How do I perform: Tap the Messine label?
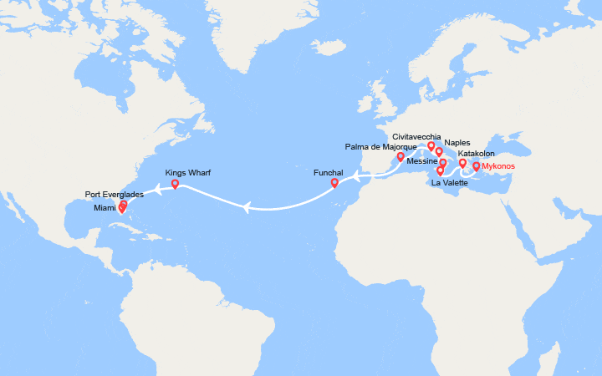click(x=421, y=160)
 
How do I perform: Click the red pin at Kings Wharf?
click(x=175, y=183)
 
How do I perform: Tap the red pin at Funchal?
click(x=334, y=182)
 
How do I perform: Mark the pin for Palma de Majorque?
click(x=400, y=156)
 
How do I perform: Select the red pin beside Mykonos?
click(x=476, y=165)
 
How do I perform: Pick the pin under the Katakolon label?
click(x=462, y=163)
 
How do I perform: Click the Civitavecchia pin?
click(x=431, y=145)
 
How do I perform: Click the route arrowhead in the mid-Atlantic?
click(x=246, y=208)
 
